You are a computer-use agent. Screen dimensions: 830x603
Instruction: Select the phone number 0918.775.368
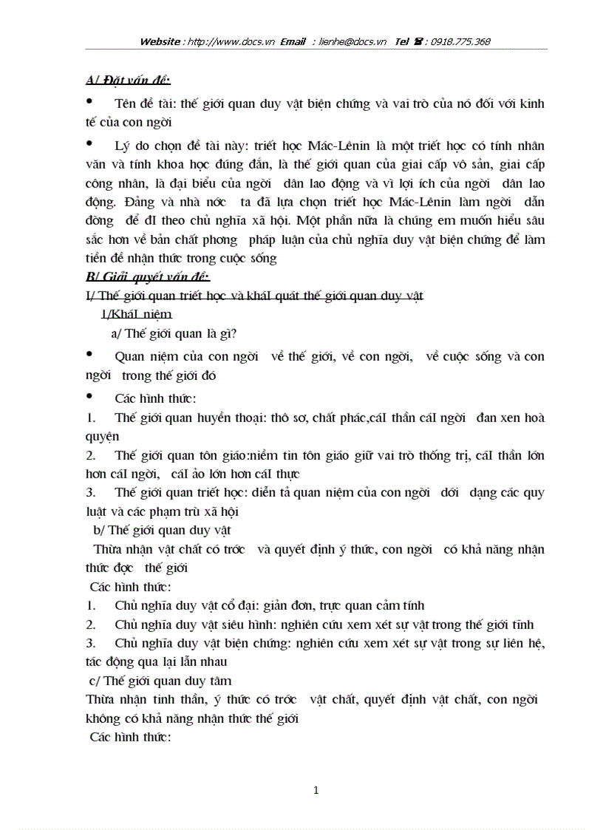[x=456, y=41]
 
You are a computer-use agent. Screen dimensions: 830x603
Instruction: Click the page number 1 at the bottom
[x=316, y=790]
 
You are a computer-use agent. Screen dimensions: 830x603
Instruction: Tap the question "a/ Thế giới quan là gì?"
[x=174, y=333]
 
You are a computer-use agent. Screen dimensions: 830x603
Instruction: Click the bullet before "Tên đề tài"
[x=90, y=101]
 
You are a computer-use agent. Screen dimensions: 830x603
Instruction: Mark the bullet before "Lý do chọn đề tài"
[x=90, y=143]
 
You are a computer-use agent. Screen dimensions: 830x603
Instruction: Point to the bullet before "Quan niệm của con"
[x=90, y=354]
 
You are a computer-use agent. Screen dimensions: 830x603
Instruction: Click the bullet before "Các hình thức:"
[x=90, y=397]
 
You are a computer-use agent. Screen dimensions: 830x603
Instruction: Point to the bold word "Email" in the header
[x=293, y=41]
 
